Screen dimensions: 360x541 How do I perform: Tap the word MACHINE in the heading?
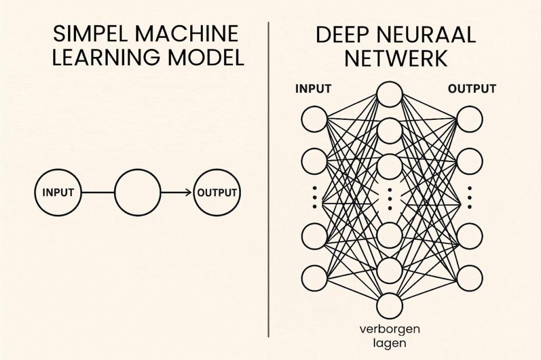[x=186, y=34]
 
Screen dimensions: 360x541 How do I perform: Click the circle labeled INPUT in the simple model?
[x=58, y=193]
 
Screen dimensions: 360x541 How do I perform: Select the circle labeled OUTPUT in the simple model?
[x=217, y=193]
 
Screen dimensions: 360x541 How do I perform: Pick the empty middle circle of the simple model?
[x=137, y=193]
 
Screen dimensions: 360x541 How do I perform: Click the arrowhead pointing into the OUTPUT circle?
[x=189, y=193]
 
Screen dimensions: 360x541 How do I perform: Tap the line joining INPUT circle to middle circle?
[x=98, y=193]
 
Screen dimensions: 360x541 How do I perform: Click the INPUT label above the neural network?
[x=313, y=88]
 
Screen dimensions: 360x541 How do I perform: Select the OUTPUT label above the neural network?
[x=471, y=88]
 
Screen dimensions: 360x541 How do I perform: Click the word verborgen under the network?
[x=390, y=329]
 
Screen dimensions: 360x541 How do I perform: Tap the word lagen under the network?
[x=390, y=343]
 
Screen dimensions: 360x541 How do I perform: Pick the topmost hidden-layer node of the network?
[x=390, y=94]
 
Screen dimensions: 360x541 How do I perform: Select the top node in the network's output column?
[x=470, y=119]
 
